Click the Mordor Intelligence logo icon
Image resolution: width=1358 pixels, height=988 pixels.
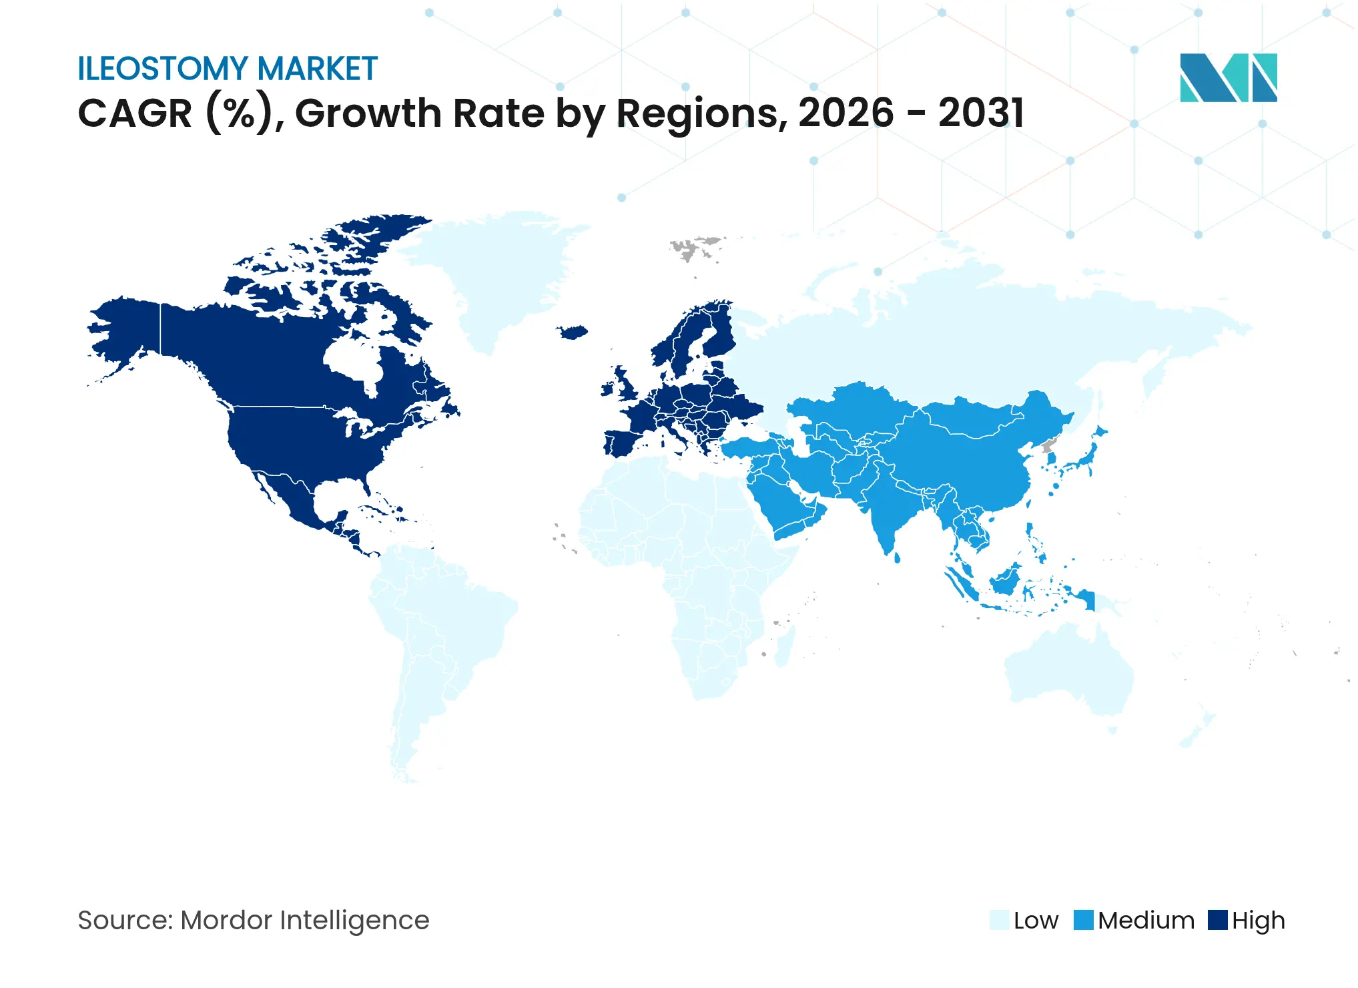[1228, 77]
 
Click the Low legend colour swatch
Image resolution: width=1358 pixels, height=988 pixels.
[998, 920]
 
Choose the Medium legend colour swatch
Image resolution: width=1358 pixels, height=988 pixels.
[1083, 920]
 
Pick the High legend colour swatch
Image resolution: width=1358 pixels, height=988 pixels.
[1217, 920]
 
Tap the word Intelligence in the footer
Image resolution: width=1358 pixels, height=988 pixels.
[354, 921]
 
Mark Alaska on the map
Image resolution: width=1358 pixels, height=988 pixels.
[127, 334]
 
